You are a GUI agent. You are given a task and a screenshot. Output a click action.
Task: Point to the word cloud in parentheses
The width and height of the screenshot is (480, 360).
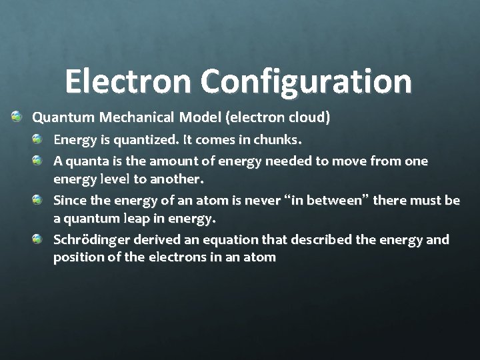tap(307, 118)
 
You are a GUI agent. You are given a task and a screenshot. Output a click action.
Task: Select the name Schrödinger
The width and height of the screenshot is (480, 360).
tap(87, 239)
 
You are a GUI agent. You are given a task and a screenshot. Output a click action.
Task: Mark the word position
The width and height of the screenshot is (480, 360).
tap(76, 257)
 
